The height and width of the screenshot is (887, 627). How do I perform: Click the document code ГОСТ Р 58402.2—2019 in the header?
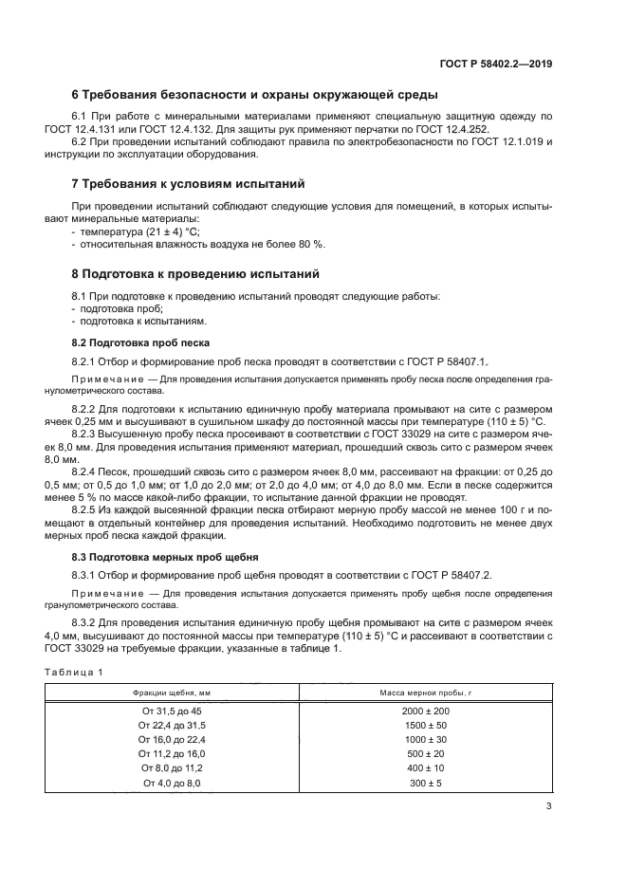(502, 65)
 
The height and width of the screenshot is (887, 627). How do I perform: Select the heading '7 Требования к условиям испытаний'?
(189, 183)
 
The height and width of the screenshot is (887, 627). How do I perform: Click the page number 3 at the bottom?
(548, 808)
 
